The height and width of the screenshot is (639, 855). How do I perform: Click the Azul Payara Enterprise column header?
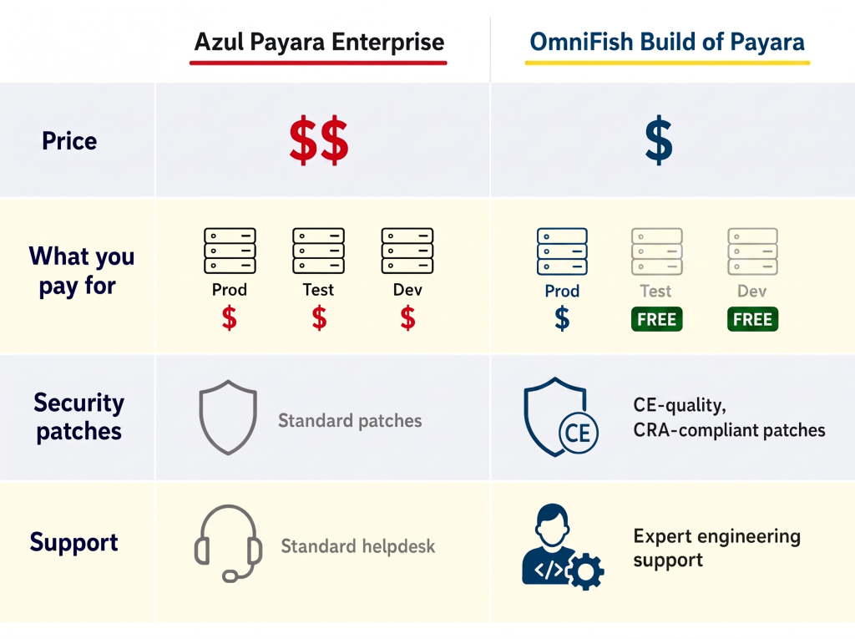319,42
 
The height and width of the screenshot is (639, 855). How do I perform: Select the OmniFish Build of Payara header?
667,42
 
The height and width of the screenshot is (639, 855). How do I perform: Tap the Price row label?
69,141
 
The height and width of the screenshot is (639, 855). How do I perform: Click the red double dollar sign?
318,139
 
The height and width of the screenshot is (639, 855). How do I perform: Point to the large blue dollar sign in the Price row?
659,139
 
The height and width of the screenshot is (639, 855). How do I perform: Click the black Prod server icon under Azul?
230,251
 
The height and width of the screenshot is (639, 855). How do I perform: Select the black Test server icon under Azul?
318,251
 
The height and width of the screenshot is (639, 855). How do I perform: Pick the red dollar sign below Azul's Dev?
407,317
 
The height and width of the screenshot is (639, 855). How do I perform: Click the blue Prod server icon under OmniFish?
562,251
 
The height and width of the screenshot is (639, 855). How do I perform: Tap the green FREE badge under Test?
656,319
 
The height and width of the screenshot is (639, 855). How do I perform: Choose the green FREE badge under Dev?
752,319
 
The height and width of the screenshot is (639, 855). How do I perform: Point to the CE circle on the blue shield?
578,434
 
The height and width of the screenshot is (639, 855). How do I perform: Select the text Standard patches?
350,421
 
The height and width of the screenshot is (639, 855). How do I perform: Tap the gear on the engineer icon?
586,571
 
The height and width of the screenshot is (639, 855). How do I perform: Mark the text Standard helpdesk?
358,546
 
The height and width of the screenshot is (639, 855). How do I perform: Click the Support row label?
73,542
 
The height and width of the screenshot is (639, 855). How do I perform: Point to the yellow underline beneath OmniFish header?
667,63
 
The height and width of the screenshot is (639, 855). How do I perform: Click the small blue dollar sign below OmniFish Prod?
562,318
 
